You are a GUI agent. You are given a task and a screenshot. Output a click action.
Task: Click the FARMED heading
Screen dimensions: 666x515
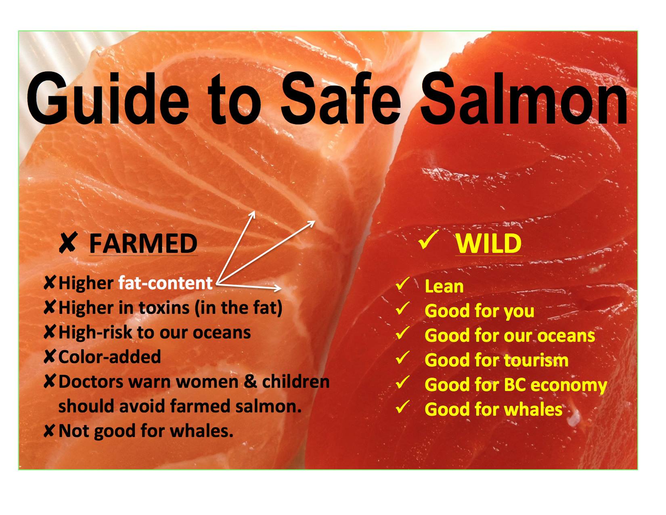[143, 244]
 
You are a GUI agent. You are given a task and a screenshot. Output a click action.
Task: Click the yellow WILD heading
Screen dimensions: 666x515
[488, 244]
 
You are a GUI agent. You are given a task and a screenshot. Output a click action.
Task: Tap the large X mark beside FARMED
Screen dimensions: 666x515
[68, 242]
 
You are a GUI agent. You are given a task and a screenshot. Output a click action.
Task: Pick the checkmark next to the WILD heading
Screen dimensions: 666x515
[429, 240]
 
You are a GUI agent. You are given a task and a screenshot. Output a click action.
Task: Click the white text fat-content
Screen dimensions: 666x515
[165, 283]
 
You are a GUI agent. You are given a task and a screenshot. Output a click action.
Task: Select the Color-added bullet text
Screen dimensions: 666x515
[109, 357]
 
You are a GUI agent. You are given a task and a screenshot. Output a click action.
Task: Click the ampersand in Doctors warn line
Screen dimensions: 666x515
[251, 382]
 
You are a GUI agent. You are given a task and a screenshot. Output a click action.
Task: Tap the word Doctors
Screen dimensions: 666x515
[91, 382]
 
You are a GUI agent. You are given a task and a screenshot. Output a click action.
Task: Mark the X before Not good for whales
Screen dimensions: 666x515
[49, 431]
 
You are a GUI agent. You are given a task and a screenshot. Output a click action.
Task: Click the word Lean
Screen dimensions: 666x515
[444, 287]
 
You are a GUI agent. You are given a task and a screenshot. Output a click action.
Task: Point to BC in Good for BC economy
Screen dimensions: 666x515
[515, 385]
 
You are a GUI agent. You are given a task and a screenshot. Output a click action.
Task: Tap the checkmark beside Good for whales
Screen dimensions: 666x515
[402, 406]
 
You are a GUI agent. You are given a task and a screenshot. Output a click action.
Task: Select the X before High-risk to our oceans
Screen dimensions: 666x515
[49, 332]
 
